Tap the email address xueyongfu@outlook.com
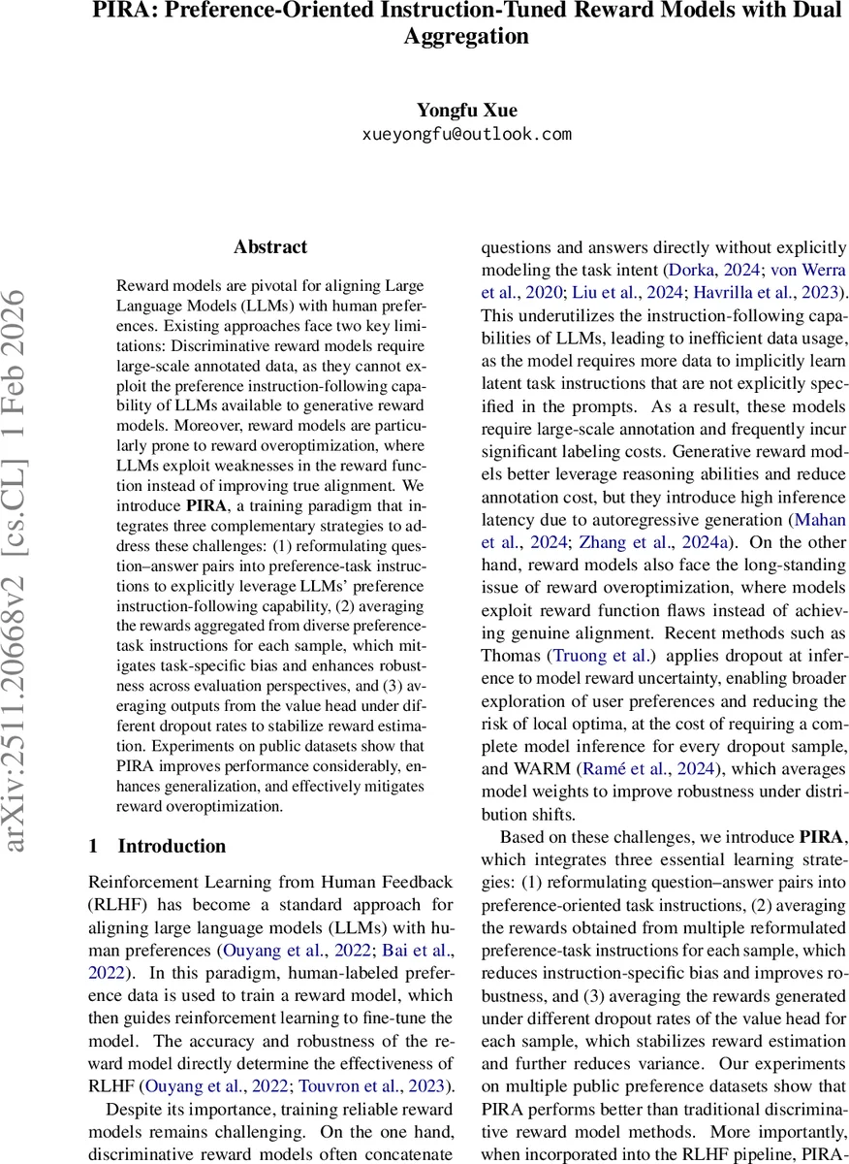click(x=465, y=134)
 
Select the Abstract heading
click(x=270, y=247)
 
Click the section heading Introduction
click(x=172, y=846)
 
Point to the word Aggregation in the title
click(x=466, y=37)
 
